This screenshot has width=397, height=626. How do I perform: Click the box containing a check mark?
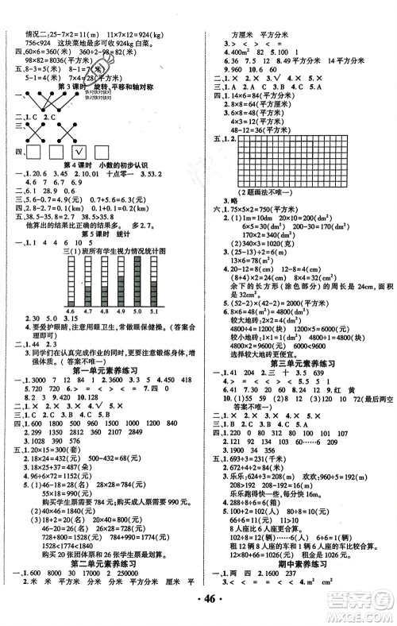[80, 153]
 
